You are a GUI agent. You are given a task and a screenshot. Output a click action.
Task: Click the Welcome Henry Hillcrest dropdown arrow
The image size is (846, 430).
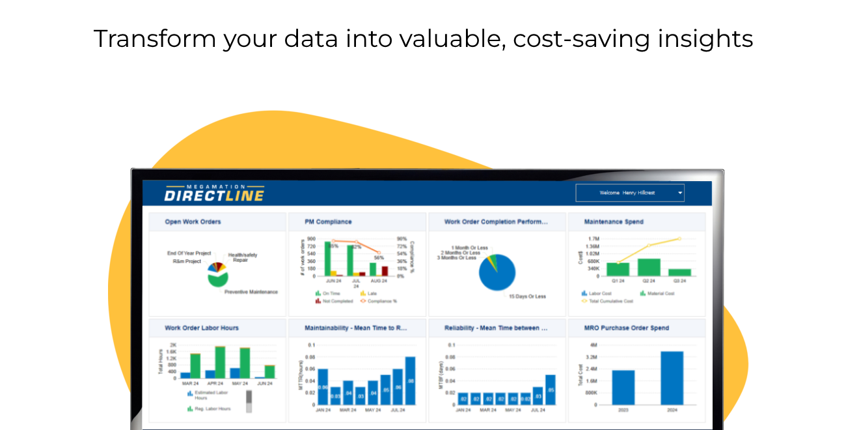pyautogui.click(x=679, y=193)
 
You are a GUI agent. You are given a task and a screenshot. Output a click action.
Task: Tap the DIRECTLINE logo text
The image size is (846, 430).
pyautogui.click(x=214, y=195)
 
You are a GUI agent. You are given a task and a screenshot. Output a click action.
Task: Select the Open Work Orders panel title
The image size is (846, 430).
pyautogui.click(x=193, y=222)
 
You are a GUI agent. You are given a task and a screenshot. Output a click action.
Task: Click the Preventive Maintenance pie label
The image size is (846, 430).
pyautogui.click(x=251, y=292)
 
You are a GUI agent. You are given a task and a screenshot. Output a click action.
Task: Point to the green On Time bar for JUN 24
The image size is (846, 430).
pyautogui.click(x=328, y=259)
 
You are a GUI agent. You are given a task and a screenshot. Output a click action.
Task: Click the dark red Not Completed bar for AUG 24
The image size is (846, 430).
pyautogui.click(x=385, y=271)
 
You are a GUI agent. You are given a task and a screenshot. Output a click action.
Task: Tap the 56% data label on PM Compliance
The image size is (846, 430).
pyautogui.click(x=379, y=257)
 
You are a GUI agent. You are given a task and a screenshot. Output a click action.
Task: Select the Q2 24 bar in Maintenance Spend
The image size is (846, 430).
pyautogui.click(x=649, y=267)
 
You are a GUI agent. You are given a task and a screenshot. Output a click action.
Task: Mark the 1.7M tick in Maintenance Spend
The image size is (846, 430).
pyautogui.click(x=593, y=239)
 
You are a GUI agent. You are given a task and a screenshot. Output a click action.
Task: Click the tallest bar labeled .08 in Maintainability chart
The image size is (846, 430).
pyautogui.click(x=410, y=380)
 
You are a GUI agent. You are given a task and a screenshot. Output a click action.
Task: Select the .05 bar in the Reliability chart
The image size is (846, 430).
pyautogui.click(x=551, y=390)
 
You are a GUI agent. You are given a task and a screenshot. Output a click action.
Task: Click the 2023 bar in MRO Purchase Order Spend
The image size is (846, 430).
pyautogui.click(x=623, y=387)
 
